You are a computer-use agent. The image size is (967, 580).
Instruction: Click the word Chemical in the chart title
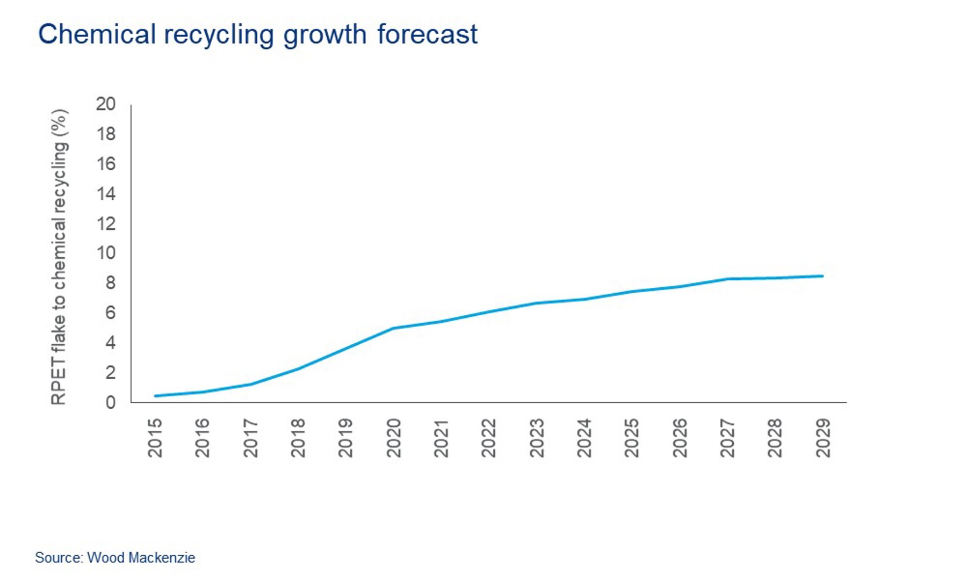click(97, 34)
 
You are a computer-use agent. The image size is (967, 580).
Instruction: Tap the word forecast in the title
click(427, 34)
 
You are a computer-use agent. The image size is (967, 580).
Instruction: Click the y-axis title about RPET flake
click(59, 257)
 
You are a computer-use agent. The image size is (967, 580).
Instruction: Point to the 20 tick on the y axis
click(106, 104)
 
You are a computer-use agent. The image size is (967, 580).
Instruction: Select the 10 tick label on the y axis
click(106, 253)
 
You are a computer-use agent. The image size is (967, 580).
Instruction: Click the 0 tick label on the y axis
click(110, 402)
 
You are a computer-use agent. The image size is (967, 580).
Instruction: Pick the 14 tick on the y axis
click(106, 193)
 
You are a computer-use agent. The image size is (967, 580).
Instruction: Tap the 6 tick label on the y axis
click(110, 313)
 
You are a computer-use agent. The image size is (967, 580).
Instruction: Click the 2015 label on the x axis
click(155, 438)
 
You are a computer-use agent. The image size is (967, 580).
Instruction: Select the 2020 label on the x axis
click(394, 438)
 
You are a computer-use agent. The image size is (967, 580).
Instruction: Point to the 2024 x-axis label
click(584, 438)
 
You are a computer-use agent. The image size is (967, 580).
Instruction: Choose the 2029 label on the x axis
click(823, 438)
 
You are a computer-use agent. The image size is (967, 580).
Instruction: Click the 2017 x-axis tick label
click(251, 438)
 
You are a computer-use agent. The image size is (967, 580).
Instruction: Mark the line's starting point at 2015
click(155, 396)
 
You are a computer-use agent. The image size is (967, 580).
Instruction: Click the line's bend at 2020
click(394, 328)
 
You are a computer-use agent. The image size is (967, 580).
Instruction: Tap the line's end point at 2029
click(822, 276)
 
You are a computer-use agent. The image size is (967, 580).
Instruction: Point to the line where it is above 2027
click(727, 279)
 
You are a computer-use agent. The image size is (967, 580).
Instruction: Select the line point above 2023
click(537, 303)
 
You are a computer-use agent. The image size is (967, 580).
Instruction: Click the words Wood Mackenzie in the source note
click(141, 557)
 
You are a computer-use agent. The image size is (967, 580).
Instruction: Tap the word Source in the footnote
click(58, 557)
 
